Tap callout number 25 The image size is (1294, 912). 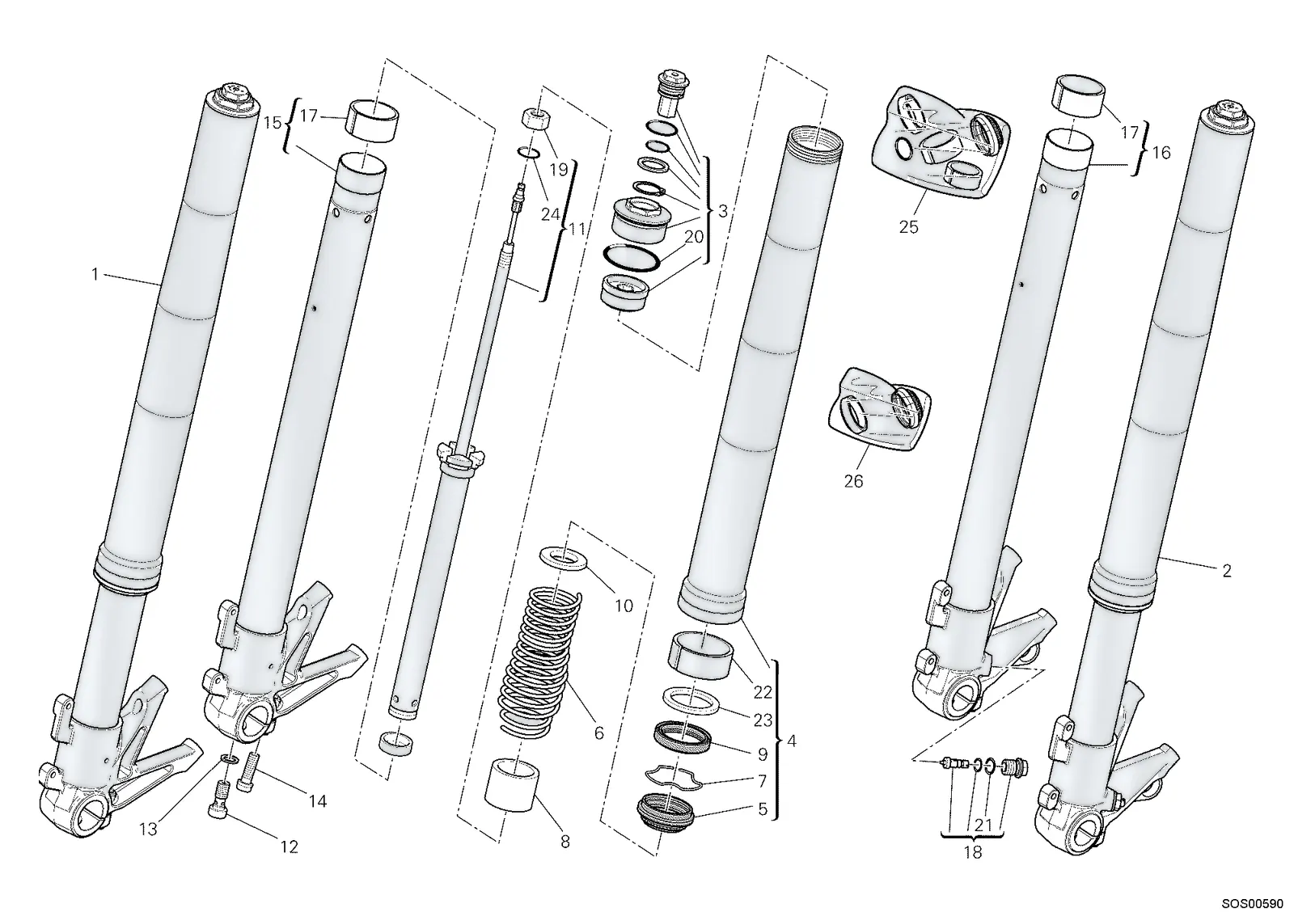[x=908, y=227]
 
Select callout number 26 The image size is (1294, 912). [x=853, y=481]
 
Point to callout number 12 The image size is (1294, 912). [x=289, y=847]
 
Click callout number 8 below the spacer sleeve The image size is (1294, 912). [x=565, y=842]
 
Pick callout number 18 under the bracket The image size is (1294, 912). [x=973, y=852]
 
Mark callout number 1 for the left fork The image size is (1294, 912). [x=95, y=274]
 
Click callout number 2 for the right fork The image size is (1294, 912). [x=1226, y=571]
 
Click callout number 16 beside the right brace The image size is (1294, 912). [x=1161, y=153]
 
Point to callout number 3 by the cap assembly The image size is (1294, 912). [x=723, y=211]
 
